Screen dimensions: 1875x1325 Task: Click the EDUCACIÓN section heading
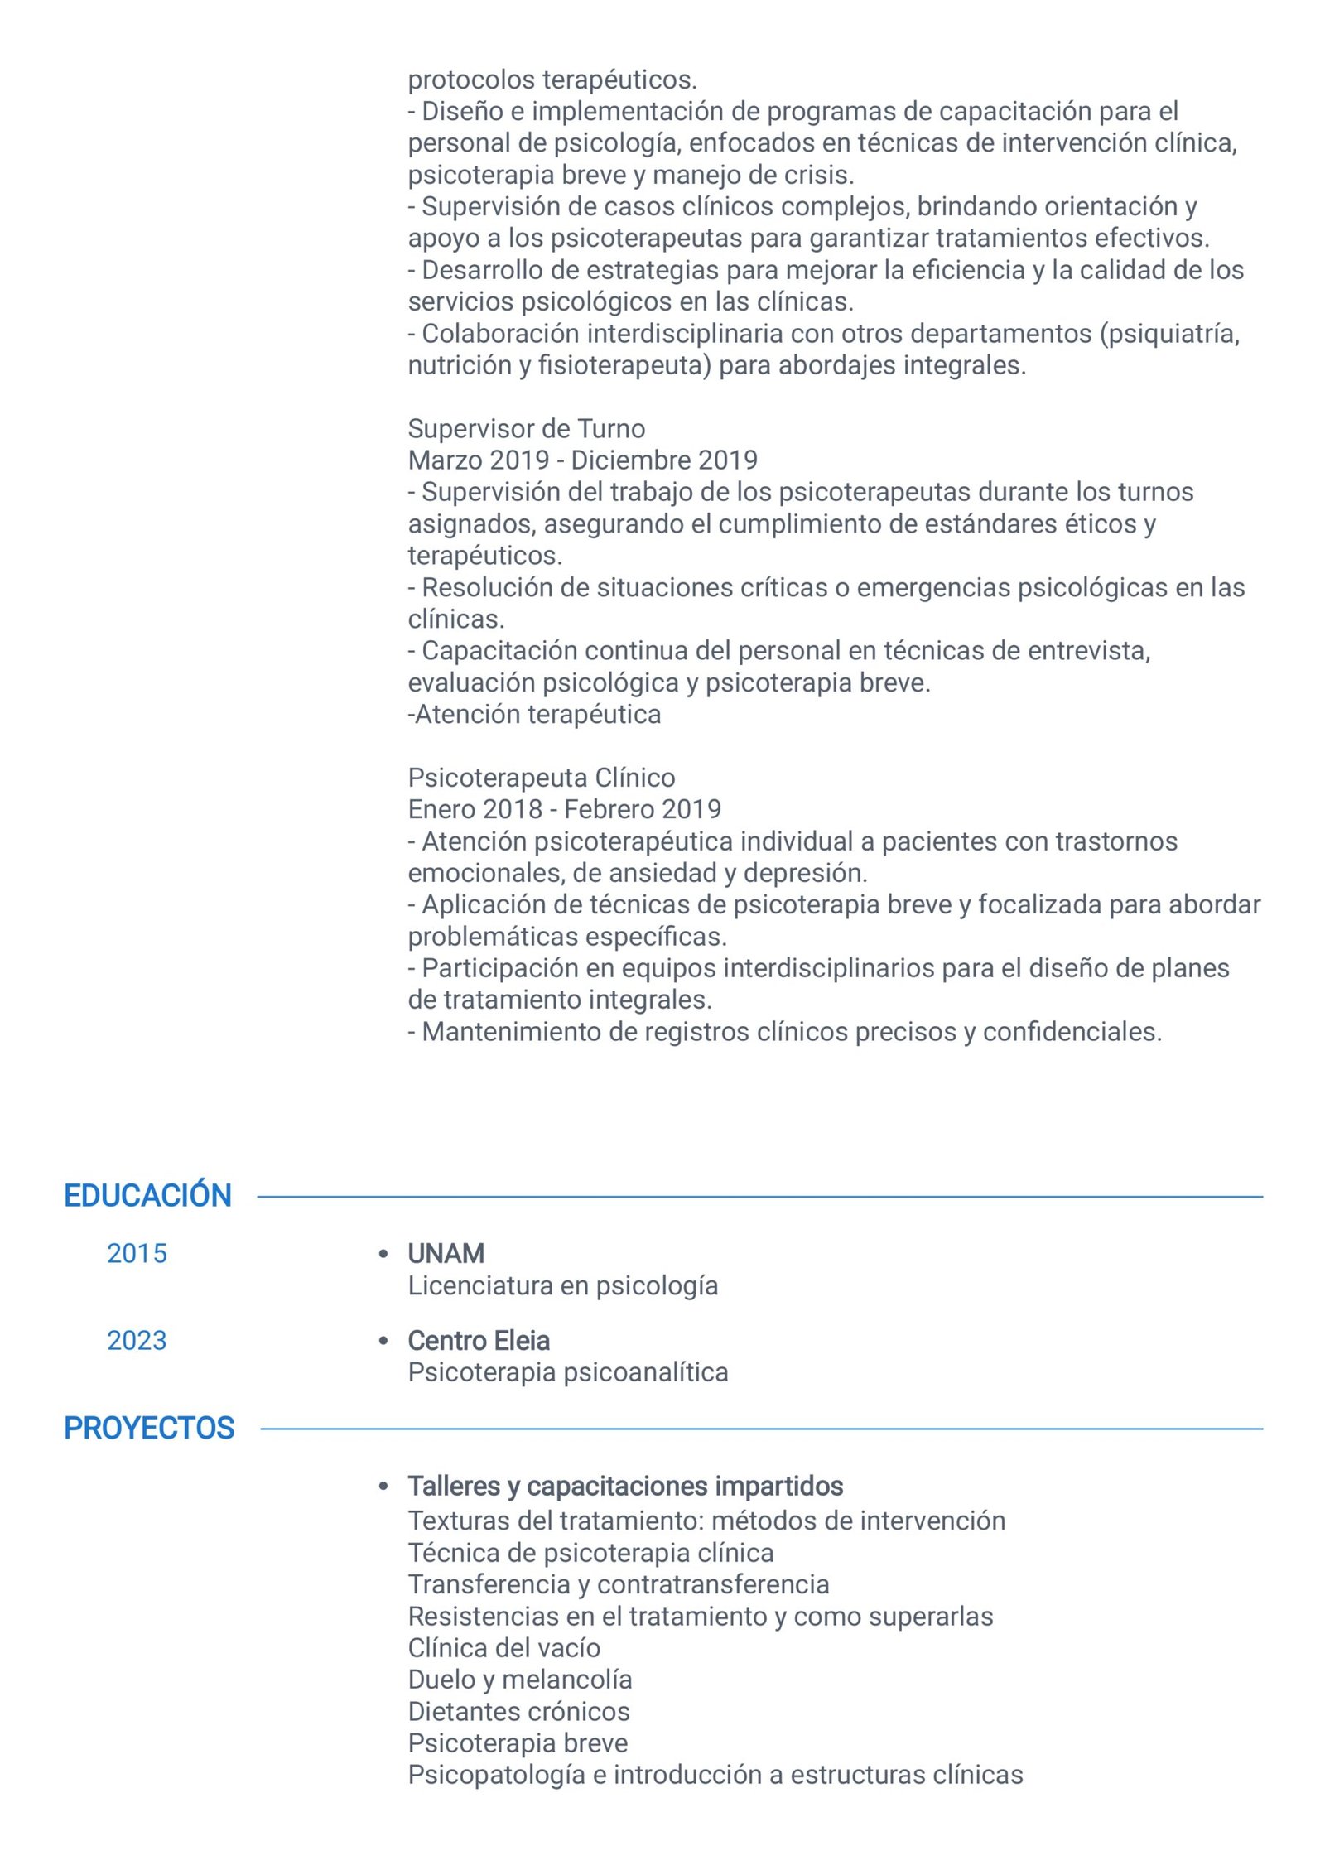click(147, 1195)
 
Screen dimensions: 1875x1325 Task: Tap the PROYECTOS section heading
click(149, 1428)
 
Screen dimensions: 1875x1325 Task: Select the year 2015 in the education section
click(137, 1253)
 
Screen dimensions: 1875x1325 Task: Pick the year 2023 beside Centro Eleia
click(137, 1340)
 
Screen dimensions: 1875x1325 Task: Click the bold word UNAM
click(446, 1253)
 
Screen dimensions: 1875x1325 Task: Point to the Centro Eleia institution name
click(478, 1340)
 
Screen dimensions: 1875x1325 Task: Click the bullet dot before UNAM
click(383, 1254)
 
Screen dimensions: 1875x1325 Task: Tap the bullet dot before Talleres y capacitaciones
click(383, 1487)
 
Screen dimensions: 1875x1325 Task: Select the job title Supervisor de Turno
click(526, 428)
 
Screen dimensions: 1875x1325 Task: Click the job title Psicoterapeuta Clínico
click(541, 778)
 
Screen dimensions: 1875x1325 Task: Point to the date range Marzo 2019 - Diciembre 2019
click(582, 460)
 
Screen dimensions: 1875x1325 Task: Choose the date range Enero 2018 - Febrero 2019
click(564, 809)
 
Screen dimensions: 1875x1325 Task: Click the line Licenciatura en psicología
click(562, 1285)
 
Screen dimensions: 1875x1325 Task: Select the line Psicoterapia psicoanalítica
click(567, 1372)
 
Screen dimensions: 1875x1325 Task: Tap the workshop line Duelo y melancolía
click(519, 1679)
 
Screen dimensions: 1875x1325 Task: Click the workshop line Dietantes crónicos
click(518, 1711)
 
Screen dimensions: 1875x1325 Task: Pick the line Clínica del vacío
click(503, 1647)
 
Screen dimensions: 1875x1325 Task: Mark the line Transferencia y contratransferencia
click(618, 1583)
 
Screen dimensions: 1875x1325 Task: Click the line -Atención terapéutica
click(534, 714)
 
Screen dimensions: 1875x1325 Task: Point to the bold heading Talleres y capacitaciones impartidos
click(624, 1487)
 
